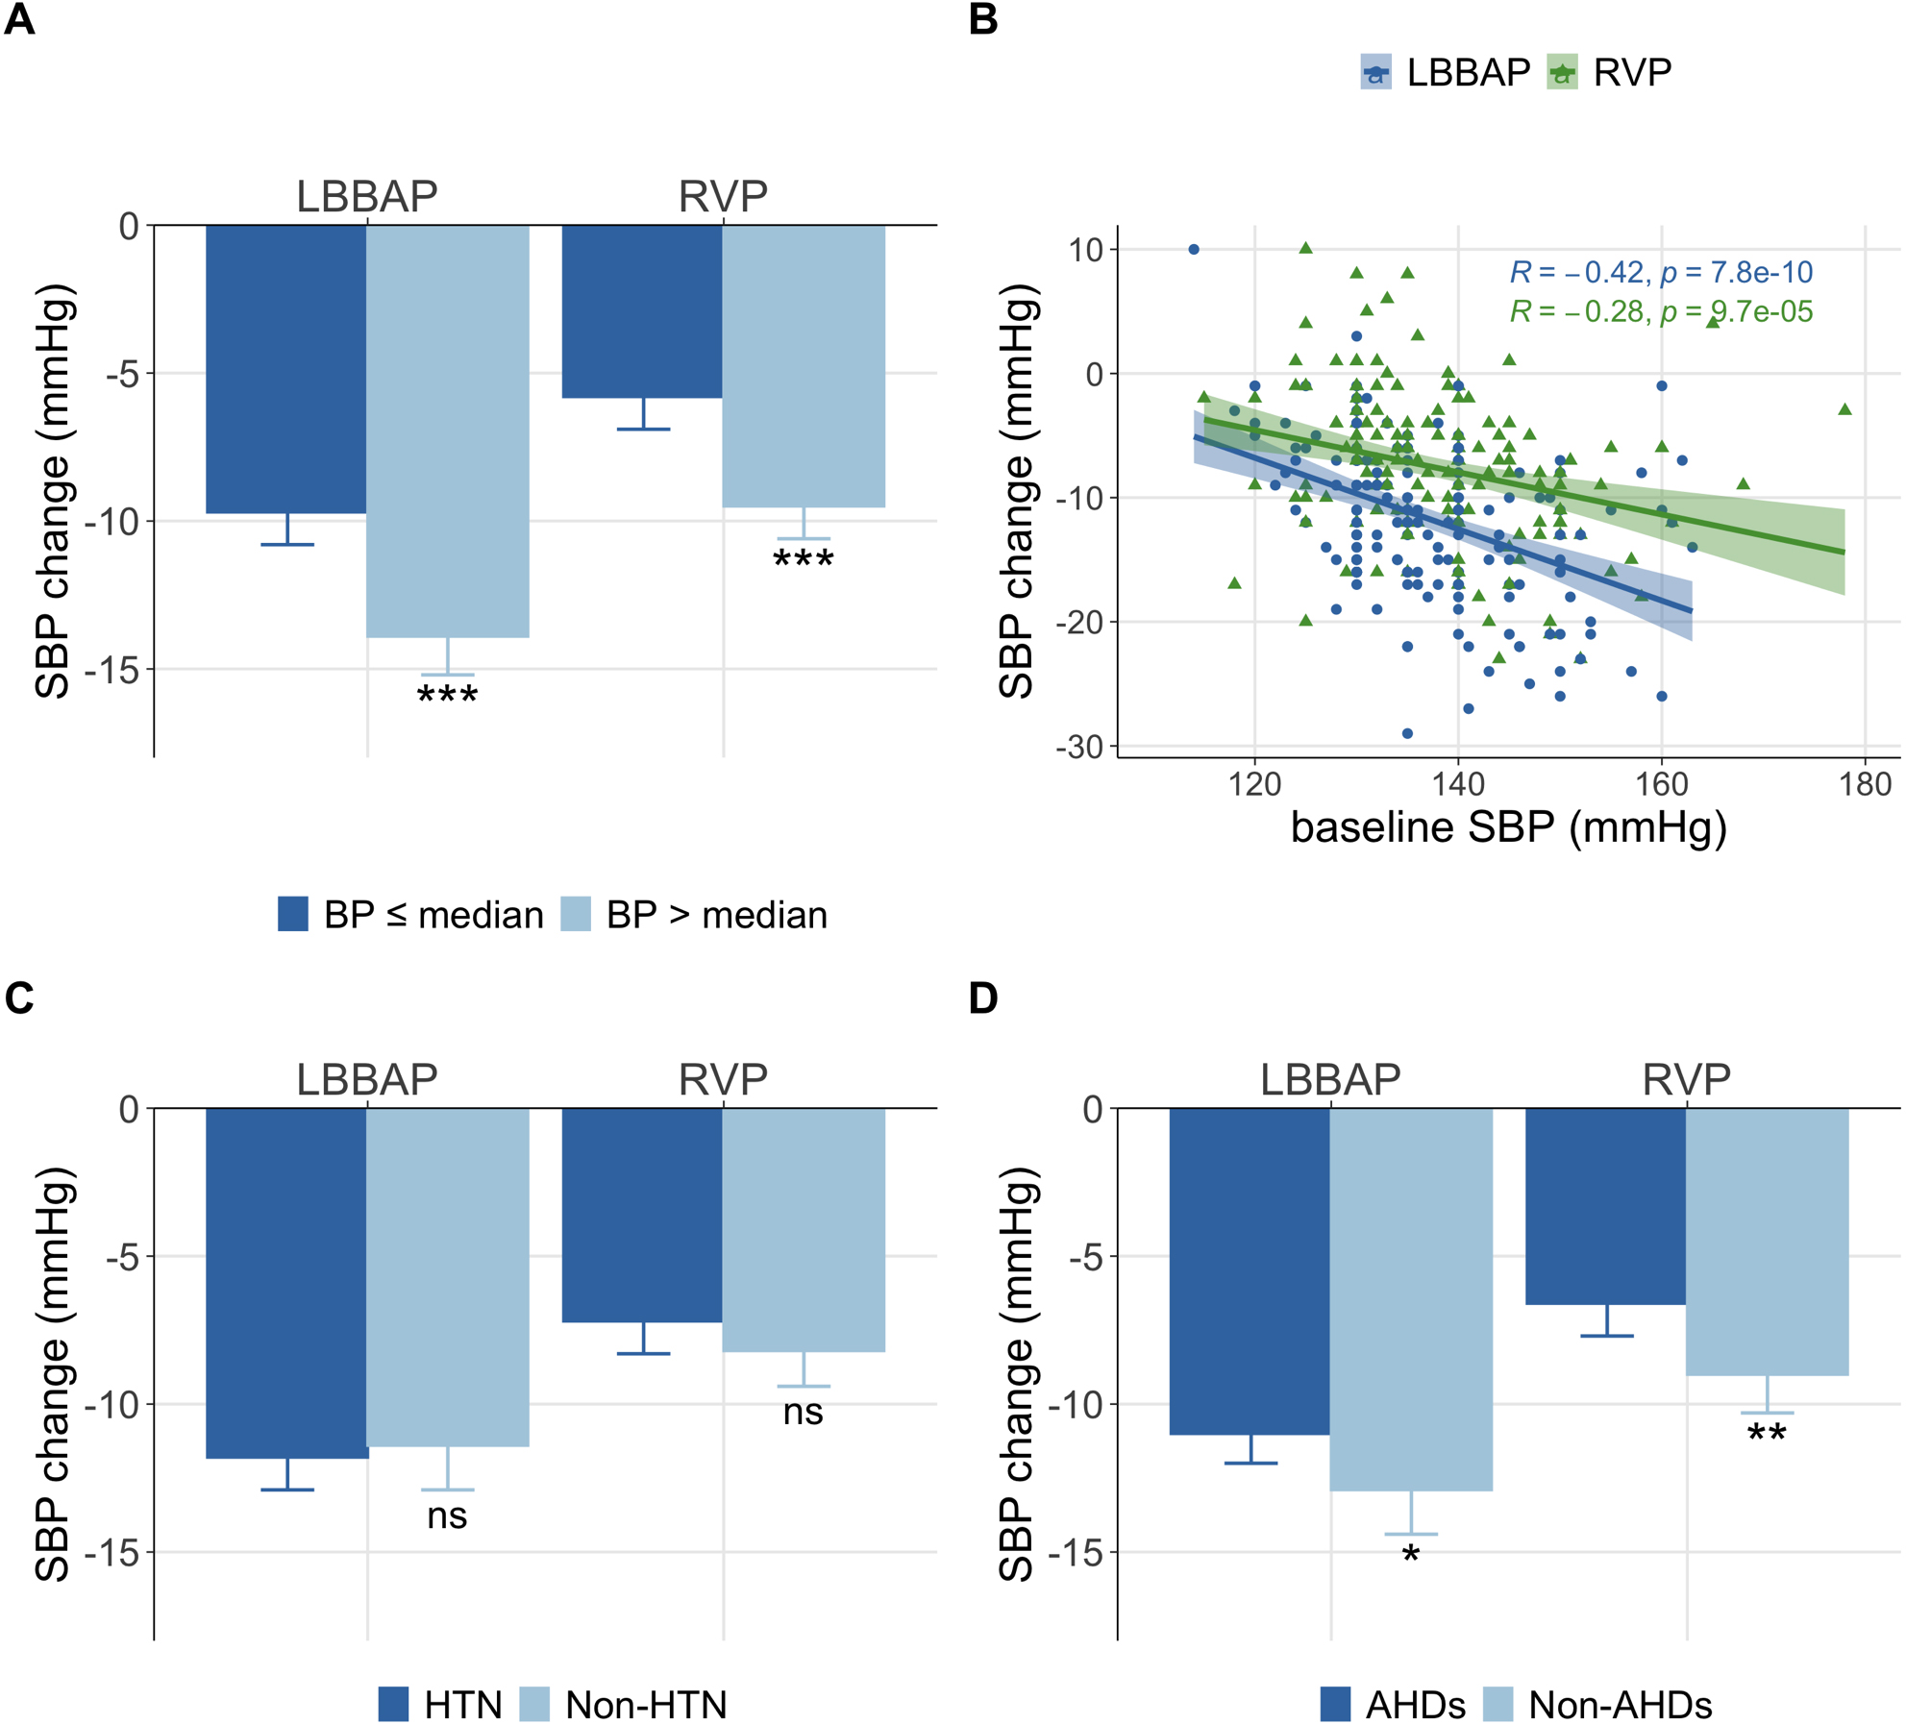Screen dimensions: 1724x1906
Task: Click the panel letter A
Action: coord(19,19)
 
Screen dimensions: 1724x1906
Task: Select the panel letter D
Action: coord(983,998)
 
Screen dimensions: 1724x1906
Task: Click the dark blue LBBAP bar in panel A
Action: coord(286,369)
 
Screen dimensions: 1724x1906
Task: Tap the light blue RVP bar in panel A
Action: coord(804,366)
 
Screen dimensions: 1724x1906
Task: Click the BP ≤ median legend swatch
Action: coord(293,914)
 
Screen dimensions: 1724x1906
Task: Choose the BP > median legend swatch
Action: coord(576,914)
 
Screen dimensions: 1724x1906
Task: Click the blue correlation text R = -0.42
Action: coord(1661,273)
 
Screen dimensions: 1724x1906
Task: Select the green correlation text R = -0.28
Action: coord(1661,312)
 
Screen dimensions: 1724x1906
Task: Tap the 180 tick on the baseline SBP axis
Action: coord(1865,785)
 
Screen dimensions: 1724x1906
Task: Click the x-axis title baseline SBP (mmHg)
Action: coord(1508,827)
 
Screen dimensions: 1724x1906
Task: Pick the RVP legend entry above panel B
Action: coord(1609,73)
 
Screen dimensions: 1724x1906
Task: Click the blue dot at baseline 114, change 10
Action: coord(1194,250)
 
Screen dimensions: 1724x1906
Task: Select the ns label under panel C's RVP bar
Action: coord(803,1412)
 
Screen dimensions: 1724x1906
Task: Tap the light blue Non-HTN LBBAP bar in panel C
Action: coord(448,1277)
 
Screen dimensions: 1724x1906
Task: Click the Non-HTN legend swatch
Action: coord(534,1705)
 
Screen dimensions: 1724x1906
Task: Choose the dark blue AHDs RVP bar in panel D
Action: coord(1605,1206)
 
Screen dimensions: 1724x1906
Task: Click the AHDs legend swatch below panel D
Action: coord(1335,1705)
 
